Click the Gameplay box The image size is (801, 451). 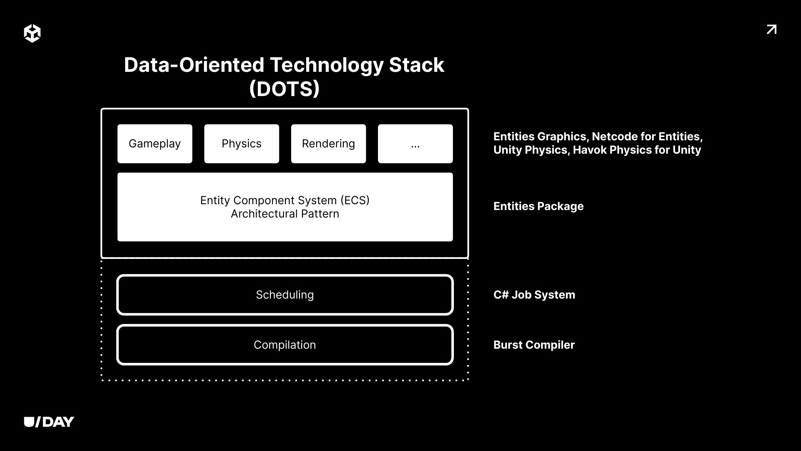click(155, 144)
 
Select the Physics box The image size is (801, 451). click(242, 144)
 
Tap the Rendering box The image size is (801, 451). click(328, 144)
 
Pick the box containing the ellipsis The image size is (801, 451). click(415, 144)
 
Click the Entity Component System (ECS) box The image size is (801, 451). click(285, 207)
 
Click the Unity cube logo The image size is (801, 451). click(32, 33)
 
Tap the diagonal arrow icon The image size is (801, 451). click(771, 30)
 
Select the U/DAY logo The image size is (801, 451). click(49, 422)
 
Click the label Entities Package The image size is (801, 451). click(539, 206)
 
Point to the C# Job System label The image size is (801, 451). click(534, 295)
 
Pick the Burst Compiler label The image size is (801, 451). click(534, 345)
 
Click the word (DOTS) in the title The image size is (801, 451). click(285, 89)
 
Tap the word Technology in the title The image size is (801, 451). click(327, 65)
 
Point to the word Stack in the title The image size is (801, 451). click(417, 65)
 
